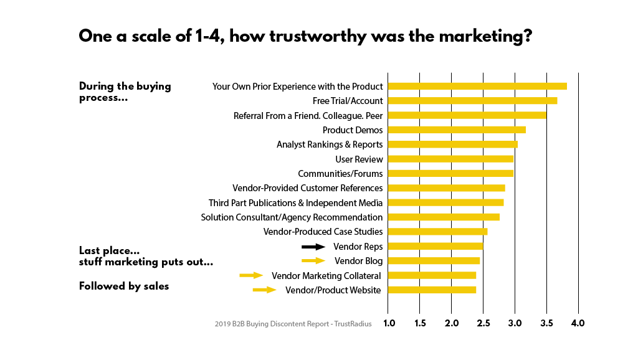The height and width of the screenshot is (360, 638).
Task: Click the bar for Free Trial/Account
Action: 472,101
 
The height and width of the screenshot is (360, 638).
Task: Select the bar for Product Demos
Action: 457,130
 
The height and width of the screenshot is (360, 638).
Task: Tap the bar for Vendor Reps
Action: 436,246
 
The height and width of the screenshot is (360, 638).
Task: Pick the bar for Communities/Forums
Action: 450,174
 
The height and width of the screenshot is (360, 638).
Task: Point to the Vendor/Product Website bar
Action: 432,290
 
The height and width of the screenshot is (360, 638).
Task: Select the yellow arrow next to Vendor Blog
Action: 313,261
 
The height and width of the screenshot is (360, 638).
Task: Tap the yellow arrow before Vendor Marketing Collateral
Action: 251,275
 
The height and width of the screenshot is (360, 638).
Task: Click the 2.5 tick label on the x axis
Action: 483,323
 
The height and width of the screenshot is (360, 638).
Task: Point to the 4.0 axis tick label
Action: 578,323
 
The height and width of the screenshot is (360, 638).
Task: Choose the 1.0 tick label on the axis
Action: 388,323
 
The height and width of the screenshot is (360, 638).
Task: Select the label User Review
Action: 359,159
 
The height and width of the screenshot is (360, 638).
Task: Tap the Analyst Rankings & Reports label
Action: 330,144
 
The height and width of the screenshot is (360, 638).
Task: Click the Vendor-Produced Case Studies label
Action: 323,232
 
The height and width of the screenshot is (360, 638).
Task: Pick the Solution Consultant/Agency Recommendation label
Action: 292,217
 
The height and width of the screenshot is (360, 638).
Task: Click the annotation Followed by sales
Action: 124,287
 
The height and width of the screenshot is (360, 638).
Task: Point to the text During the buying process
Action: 125,92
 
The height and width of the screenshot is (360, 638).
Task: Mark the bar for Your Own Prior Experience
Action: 477,87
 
